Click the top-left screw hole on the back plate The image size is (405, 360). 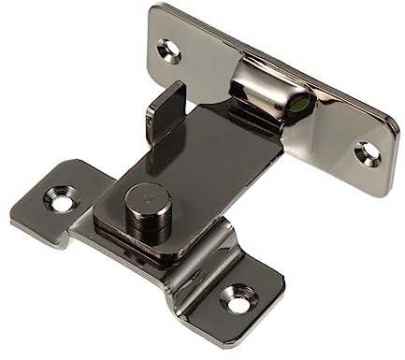pyautogui.click(x=169, y=50)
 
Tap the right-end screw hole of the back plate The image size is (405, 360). pyautogui.click(x=368, y=151)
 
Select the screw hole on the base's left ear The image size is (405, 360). pyautogui.click(x=62, y=200)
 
